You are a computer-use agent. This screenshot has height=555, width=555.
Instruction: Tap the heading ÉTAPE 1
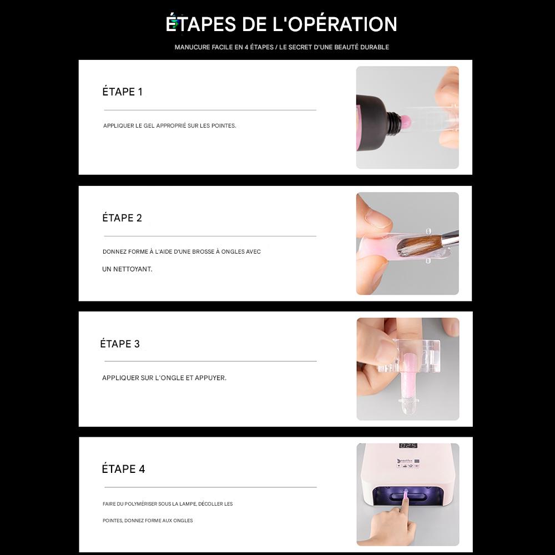click(123, 92)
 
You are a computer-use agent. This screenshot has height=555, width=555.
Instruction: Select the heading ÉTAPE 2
click(122, 218)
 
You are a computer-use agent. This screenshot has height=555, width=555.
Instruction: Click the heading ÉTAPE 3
click(120, 344)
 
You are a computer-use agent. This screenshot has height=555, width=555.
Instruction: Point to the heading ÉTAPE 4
click(123, 468)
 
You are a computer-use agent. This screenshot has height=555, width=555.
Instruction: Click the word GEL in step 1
click(149, 125)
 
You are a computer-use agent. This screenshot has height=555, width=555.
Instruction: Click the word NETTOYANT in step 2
click(133, 269)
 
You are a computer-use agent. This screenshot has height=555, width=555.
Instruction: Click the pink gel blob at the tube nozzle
click(407, 121)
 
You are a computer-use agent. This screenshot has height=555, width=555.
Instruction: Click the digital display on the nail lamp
click(408, 445)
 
